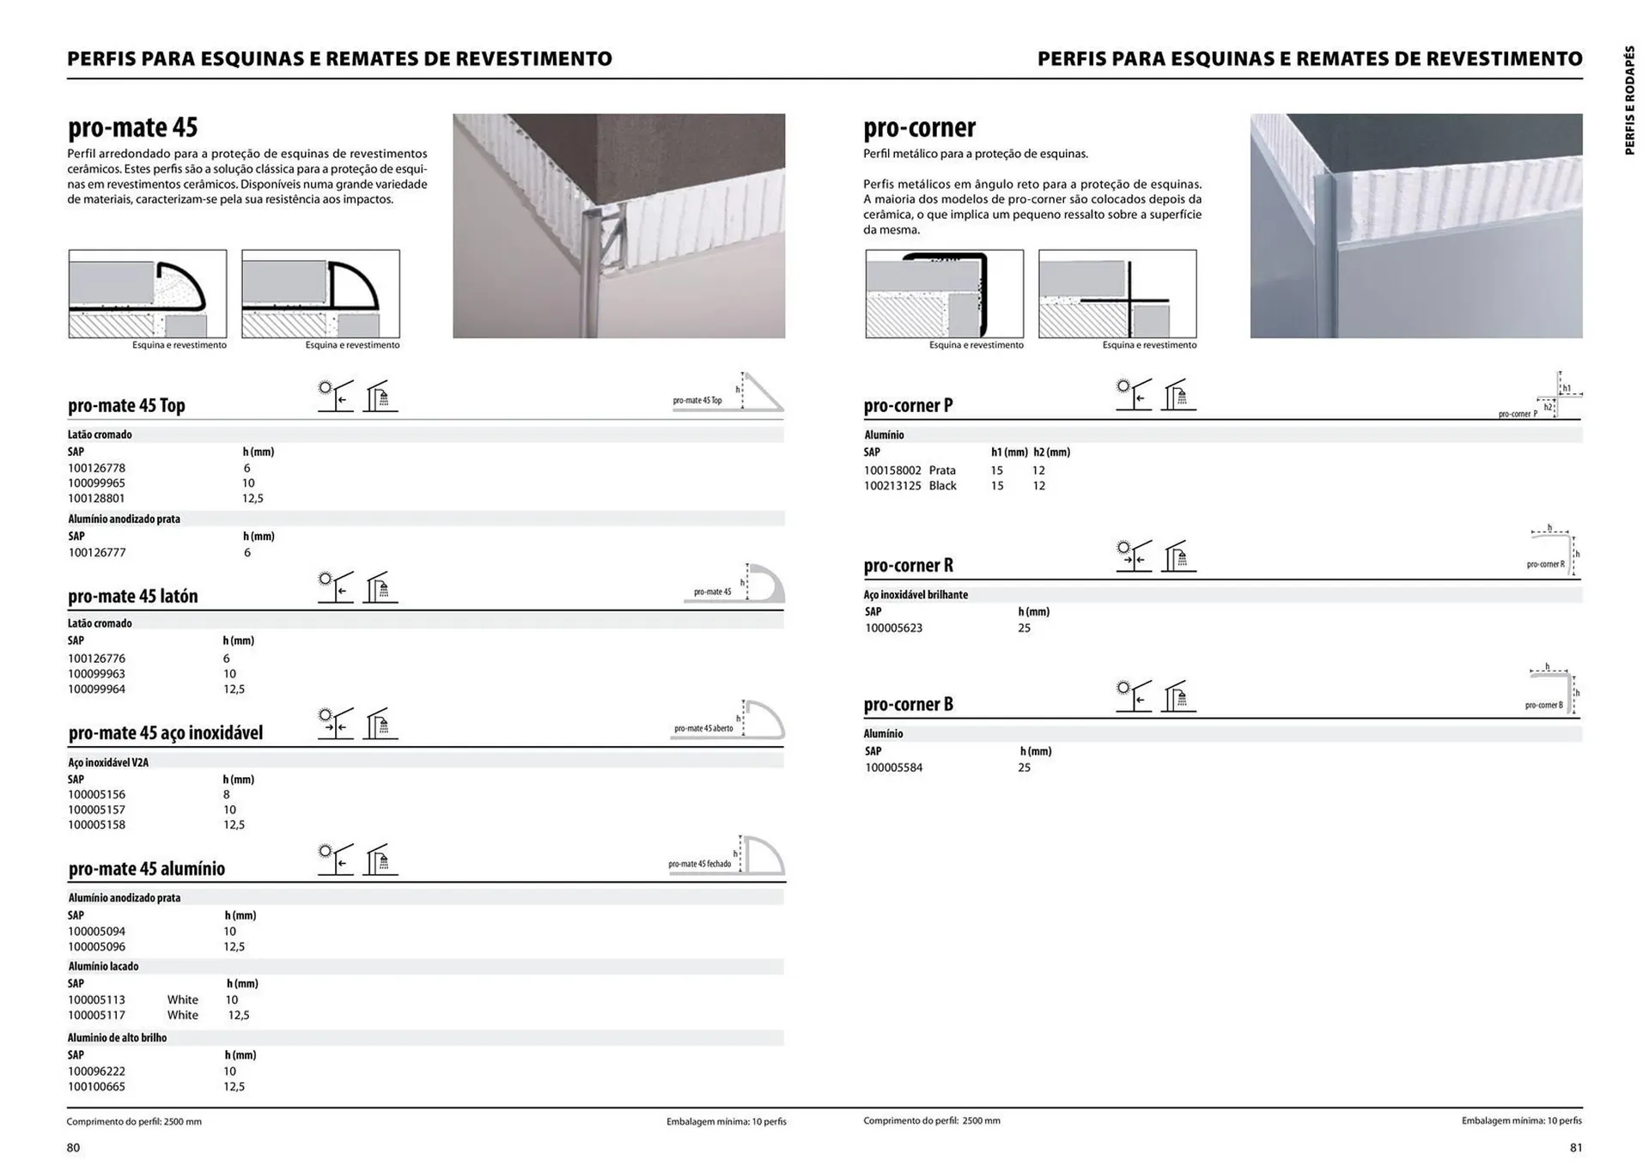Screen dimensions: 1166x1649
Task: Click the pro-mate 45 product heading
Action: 132,128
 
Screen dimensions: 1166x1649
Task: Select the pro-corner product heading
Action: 919,128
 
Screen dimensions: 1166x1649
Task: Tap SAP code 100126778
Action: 96,468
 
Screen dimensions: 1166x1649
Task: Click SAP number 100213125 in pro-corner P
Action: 892,486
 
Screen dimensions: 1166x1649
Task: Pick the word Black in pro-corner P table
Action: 942,486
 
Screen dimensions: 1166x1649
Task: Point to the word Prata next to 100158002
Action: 942,471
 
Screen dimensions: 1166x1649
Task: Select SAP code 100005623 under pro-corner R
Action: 893,628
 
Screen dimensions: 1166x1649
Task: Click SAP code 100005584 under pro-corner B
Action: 893,768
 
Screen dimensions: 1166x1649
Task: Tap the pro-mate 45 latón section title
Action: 132,596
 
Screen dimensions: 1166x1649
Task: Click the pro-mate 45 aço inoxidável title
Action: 165,732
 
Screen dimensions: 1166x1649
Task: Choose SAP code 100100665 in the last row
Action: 96,1086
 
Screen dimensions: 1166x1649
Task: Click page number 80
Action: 73,1148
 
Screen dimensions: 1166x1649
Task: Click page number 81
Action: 1575,1148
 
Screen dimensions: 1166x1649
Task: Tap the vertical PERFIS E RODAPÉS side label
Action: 1629,100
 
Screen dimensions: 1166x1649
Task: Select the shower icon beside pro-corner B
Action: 1178,696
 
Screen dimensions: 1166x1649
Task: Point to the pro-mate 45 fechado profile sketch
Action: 762,856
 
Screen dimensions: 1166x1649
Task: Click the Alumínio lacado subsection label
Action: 103,966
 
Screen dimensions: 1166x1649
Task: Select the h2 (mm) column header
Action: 1051,452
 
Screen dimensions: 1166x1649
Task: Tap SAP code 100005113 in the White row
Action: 96,999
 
